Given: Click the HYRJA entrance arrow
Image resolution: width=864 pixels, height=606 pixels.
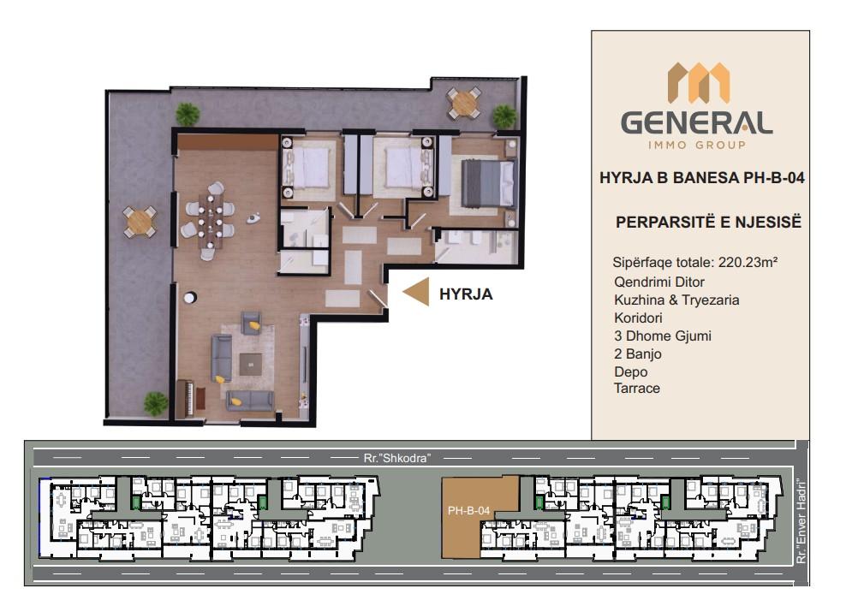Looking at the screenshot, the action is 416,291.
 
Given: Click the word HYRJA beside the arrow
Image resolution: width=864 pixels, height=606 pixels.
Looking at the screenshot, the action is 466,294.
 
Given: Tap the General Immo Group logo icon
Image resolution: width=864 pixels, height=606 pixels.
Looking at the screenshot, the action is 699,83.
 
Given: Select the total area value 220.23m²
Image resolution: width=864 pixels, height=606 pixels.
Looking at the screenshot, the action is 748,262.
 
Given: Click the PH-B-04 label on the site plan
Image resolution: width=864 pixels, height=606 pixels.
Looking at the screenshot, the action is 468,511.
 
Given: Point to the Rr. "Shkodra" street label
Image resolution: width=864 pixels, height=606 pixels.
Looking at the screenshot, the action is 396,458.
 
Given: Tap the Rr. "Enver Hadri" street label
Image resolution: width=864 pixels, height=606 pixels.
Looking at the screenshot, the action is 801,522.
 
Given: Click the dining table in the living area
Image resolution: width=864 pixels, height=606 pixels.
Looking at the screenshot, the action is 210,220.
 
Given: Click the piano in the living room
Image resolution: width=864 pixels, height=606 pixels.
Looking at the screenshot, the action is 185,398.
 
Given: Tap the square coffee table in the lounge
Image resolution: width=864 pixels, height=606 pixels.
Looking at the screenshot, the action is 251,364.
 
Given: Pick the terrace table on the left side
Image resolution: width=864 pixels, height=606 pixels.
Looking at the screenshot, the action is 140,222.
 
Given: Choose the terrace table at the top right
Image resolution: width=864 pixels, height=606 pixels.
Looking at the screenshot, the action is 464,103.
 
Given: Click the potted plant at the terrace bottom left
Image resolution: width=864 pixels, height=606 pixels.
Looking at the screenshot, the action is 156,402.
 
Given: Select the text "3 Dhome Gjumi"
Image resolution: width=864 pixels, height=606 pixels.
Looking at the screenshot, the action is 662,336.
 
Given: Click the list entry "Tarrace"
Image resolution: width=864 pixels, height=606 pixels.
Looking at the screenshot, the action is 637,389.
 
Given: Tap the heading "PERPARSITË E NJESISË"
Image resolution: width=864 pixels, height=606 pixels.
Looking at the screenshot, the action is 708,222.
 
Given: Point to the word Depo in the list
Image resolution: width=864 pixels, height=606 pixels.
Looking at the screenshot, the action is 630,371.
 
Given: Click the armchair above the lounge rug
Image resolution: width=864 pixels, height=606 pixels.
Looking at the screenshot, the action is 252,323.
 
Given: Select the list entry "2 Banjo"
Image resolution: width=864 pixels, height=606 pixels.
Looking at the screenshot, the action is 638,353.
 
